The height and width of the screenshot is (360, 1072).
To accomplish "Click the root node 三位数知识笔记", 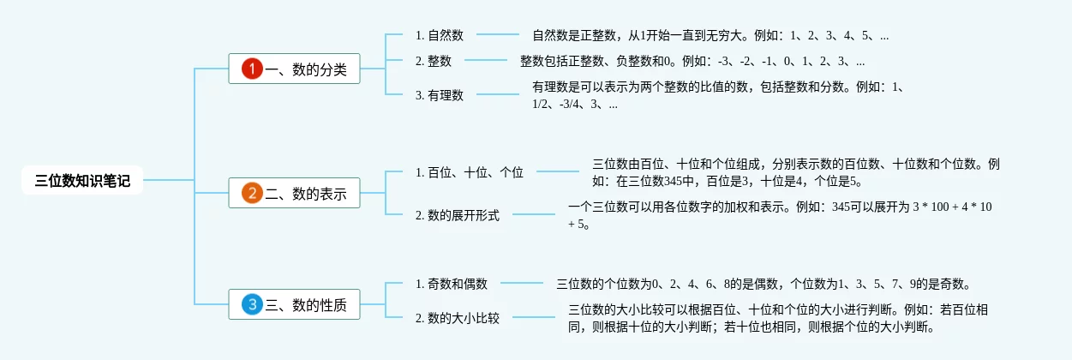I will click(82, 181).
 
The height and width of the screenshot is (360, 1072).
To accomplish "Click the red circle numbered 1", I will click(251, 69).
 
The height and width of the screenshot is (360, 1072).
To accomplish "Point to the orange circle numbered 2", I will click(251, 194).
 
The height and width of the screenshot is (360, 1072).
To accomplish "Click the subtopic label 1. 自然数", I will click(440, 35).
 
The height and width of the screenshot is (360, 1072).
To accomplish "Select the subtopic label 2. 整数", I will click(434, 61).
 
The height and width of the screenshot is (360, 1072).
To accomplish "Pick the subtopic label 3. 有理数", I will click(440, 95).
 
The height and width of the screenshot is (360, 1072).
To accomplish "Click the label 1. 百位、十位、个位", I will click(470, 172).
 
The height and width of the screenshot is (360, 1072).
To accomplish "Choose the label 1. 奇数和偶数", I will click(452, 284).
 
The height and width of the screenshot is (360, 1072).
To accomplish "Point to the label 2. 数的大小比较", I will click(458, 318).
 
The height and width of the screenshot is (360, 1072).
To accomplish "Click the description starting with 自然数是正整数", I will click(710, 36).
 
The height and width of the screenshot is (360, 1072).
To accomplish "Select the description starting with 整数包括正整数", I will click(692, 61).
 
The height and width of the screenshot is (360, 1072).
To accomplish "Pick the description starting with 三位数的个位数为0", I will click(763, 284).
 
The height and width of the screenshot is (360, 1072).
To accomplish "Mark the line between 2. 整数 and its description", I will click(486, 61).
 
